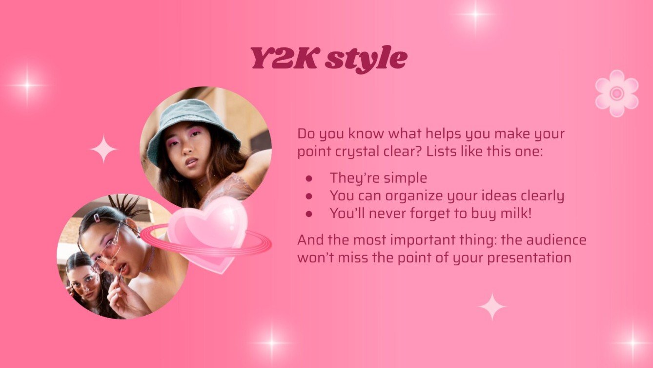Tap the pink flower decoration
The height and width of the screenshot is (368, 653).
tap(616, 93)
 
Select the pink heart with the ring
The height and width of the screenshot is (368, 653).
tap(207, 234)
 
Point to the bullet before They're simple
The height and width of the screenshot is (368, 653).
tap(308, 178)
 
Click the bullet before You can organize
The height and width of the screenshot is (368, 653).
tap(308, 196)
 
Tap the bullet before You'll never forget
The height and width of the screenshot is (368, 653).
tap(308, 214)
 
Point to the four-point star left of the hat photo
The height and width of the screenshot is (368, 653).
tap(103, 149)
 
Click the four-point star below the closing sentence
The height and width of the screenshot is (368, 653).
tap(492, 306)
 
